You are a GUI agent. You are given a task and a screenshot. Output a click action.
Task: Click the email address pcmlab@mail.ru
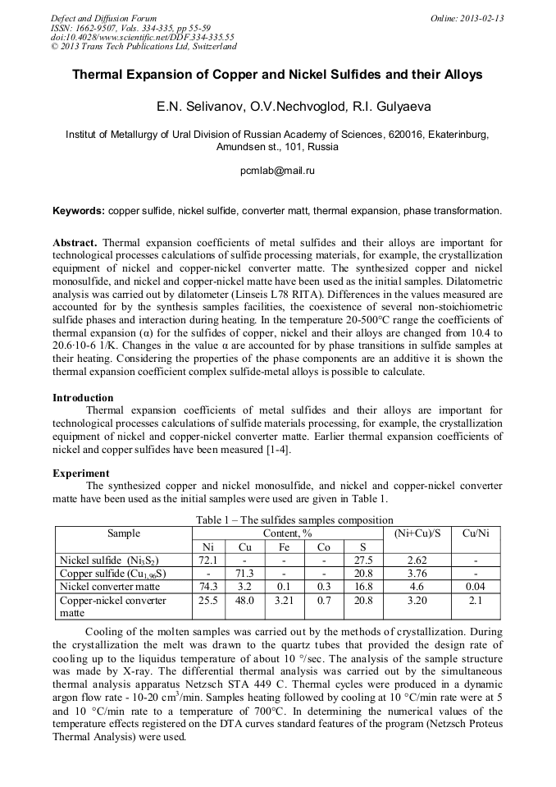(x=277, y=171)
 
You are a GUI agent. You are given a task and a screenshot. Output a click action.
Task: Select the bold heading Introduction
(x=83, y=398)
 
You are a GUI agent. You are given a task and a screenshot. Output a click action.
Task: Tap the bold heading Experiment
(x=80, y=474)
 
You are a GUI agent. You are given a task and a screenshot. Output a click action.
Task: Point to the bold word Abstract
(x=75, y=243)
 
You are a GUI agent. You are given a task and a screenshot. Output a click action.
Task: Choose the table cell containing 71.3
(x=244, y=574)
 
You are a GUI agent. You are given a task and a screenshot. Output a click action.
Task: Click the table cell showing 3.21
(x=284, y=601)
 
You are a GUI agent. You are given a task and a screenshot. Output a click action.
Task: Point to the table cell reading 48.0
(x=244, y=601)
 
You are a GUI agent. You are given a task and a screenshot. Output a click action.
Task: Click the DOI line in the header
(x=142, y=37)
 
